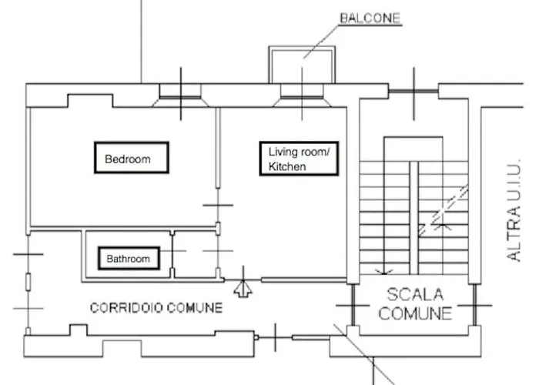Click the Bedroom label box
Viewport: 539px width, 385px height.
coord(130,159)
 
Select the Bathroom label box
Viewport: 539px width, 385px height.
coord(129,259)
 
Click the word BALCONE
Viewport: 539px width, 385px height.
coord(370,18)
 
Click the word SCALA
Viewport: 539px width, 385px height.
coord(415,294)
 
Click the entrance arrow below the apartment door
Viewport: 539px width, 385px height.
coord(243,289)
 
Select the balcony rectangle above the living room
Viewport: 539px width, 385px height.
coord(302,64)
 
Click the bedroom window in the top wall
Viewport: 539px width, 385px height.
coord(181,94)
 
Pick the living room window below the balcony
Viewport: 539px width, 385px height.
coord(302,94)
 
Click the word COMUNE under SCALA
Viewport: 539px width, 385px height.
coord(415,313)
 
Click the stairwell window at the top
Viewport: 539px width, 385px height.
coord(414,92)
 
